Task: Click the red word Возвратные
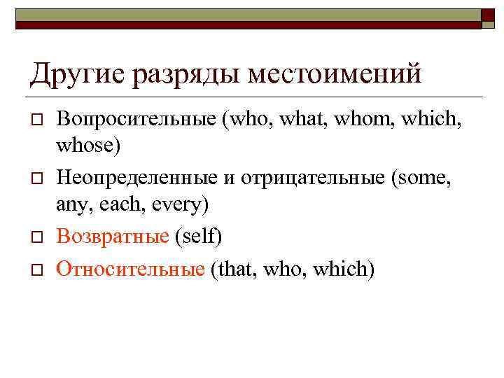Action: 113,237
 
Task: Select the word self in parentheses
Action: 198,237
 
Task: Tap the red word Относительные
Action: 130,267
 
